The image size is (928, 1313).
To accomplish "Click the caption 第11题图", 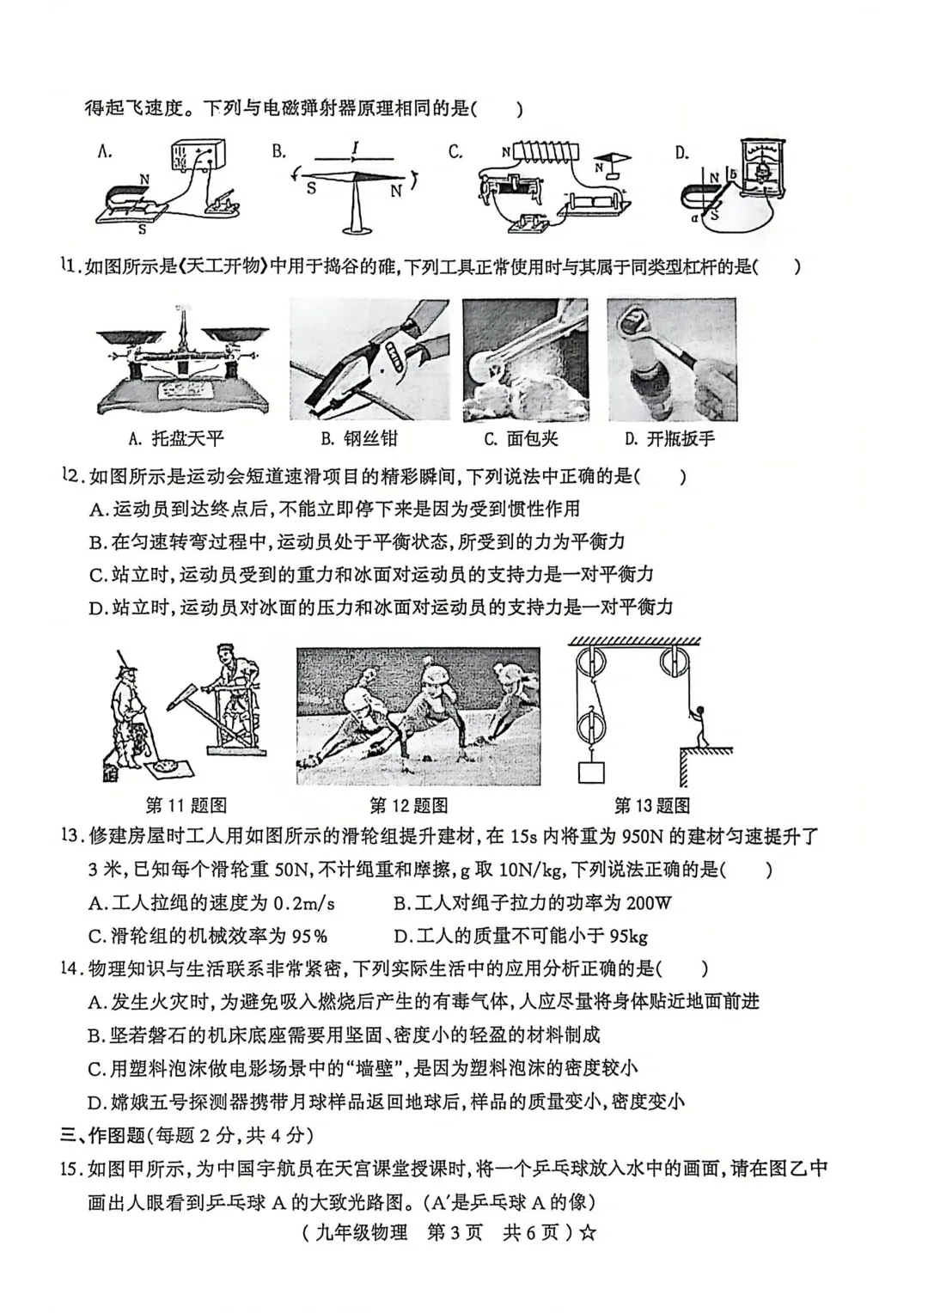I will coord(186,805).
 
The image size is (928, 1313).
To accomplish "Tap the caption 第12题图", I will coord(409,805).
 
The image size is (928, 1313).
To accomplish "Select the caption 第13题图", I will coord(652,805).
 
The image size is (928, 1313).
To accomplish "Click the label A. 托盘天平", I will coord(175,439).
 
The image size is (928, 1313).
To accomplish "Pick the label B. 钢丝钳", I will coord(359,439).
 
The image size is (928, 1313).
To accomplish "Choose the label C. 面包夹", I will coord(521,439).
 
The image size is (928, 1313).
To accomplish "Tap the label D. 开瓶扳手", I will coord(669,439).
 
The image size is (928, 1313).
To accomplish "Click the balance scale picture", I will coord(183,361).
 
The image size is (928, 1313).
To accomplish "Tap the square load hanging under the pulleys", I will coord(591,770).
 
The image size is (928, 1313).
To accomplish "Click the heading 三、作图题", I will coord(103,1135).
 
